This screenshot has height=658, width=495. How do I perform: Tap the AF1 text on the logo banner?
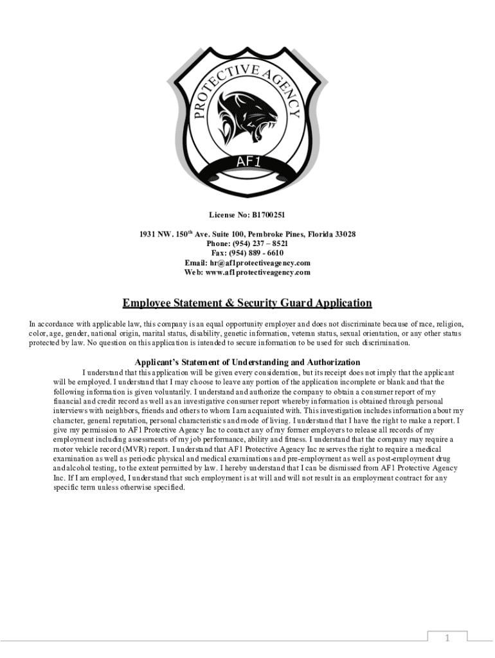[x=248, y=161]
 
